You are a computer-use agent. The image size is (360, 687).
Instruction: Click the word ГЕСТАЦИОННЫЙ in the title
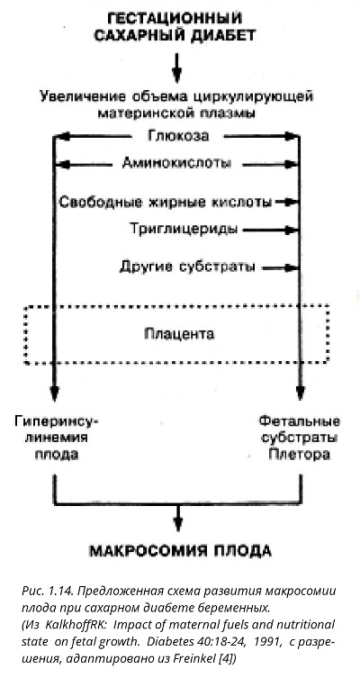click(x=175, y=18)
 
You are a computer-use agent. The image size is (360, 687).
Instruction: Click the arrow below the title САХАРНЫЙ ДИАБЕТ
click(x=176, y=68)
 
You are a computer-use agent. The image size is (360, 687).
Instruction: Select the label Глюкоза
click(x=178, y=136)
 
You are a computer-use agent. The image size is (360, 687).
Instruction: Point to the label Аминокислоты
click(x=176, y=164)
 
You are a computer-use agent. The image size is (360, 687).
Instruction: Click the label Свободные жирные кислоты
click(x=166, y=203)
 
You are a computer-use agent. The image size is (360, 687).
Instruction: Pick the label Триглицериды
click(x=184, y=229)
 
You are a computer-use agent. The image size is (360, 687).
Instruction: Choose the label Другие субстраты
click(x=187, y=267)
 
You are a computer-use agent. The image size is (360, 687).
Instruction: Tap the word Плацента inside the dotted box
click(x=179, y=334)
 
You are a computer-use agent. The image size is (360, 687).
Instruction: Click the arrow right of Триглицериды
click(x=270, y=229)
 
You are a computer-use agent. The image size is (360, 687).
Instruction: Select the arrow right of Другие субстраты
click(x=280, y=267)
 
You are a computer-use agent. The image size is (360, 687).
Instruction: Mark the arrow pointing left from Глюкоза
click(x=94, y=136)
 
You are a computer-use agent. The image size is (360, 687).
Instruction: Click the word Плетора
click(x=299, y=455)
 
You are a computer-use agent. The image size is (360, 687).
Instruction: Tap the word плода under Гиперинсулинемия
click(x=56, y=455)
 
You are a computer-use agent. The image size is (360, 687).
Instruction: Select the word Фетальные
click(x=299, y=421)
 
